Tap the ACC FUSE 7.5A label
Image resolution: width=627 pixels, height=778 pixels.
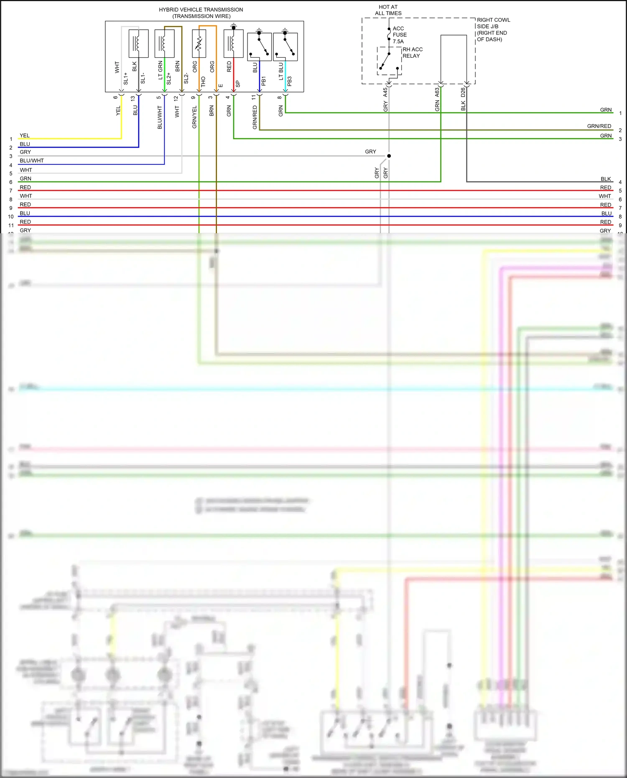(399, 35)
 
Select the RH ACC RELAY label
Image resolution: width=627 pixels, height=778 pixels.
(412, 53)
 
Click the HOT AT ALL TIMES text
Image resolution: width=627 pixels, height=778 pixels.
(388, 10)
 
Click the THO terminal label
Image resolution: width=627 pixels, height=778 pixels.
(203, 82)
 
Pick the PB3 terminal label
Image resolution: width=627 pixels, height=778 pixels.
(289, 81)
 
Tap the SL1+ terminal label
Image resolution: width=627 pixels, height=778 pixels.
(125, 78)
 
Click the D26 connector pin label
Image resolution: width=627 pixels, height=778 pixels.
(463, 92)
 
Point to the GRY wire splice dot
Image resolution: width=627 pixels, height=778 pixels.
(389, 156)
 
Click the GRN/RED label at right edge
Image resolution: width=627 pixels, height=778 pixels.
(599, 126)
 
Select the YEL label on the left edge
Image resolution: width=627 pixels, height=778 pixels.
(25, 135)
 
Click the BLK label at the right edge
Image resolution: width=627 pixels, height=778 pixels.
(606, 179)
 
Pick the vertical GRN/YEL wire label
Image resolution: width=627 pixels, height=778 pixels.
(194, 117)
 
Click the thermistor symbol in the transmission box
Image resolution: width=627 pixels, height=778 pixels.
(199, 43)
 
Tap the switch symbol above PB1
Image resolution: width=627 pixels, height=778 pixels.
(259, 46)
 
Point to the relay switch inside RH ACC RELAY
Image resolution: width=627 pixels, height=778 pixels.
(386, 61)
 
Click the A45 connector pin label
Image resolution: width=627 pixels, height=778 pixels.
(385, 92)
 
